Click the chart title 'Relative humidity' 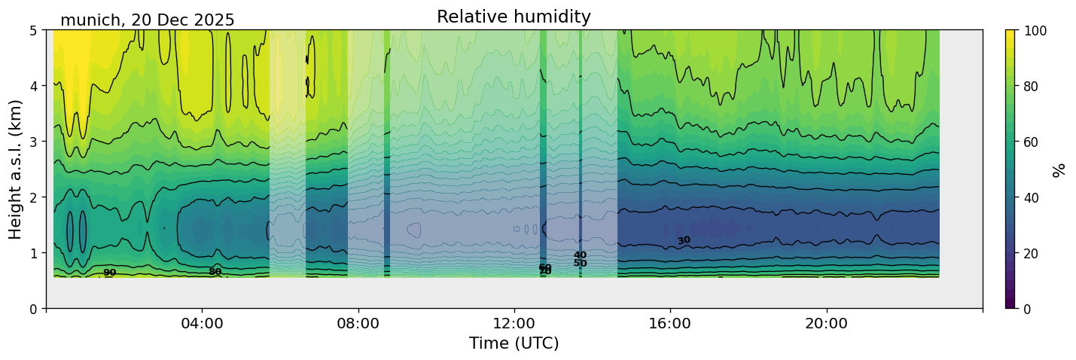pyautogui.click(x=514, y=17)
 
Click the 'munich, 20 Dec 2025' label pyautogui.click(x=148, y=20)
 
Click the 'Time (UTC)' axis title pyautogui.click(x=514, y=343)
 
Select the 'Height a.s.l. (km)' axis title pyautogui.click(x=15, y=169)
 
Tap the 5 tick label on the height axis pyautogui.click(x=33, y=30)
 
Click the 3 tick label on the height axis pyautogui.click(x=33, y=142)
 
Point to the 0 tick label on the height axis pyautogui.click(x=33, y=309)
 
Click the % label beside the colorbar pyautogui.click(x=1059, y=169)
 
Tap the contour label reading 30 pyautogui.click(x=684, y=240)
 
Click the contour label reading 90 pyautogui.click(x=110, y=273)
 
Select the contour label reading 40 pyautogui.click(x=580, y=255)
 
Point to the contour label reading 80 pyautogui.click(x=215, y=272)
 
